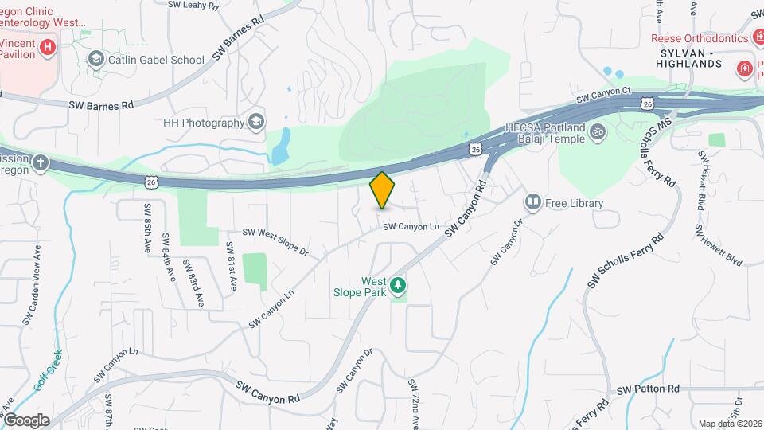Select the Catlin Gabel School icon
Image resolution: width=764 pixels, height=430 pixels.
point(96,59)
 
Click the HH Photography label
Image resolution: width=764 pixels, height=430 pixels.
point(203,123)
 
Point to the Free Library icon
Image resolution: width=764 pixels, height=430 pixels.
point(532,203)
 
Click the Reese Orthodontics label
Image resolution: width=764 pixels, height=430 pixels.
point(700,38)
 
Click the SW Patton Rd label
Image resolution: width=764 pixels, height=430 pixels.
point(651,389)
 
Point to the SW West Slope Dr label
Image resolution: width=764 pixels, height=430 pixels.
point(275,244)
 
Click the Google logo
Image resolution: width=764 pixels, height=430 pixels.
point(26,420)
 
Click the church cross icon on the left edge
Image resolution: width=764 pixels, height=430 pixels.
point(40,163)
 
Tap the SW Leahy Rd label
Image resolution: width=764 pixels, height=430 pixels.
point(193,5)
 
